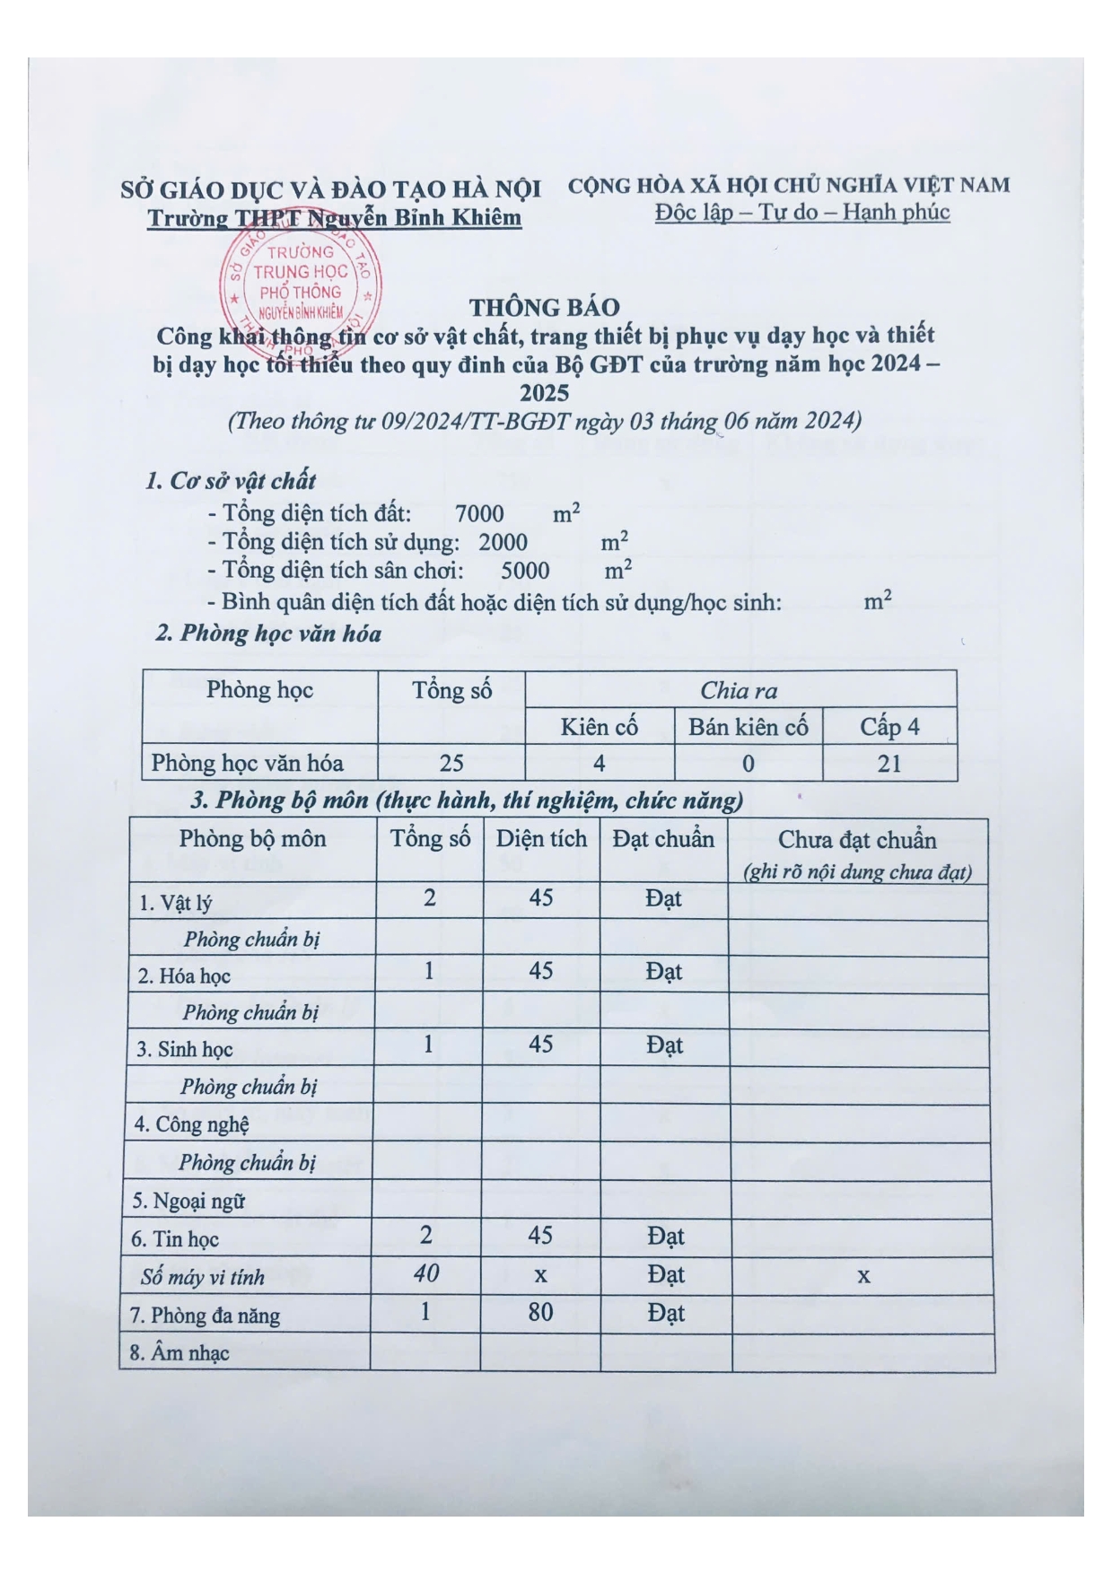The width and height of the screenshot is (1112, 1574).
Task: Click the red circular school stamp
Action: point(301,281)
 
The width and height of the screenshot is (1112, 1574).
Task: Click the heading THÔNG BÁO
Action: point(544,308)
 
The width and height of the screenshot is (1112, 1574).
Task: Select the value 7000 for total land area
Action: point(479,514)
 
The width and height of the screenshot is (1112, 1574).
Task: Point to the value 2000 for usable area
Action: point(503,542)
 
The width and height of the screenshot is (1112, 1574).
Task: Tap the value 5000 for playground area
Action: point(525,571)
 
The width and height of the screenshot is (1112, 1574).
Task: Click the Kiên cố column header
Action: point(599,727)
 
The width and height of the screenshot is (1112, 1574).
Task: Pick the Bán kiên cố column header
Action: point(748,727)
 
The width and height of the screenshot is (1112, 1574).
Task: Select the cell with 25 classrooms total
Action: point(451,763)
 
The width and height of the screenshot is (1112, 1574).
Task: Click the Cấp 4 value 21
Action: point(889,764)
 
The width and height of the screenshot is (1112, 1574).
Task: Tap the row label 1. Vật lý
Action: point(175,903)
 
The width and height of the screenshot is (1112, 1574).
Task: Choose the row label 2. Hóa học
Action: point(184,976)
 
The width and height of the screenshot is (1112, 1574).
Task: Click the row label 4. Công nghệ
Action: point(190,1124)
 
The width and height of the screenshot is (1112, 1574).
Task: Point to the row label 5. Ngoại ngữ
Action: point(188,1201)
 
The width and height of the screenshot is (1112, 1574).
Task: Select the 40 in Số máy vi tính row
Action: point(426,1273)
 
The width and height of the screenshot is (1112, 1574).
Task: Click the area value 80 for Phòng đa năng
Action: point(540,1313)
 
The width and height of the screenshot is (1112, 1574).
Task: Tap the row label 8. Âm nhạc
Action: point(179,1353)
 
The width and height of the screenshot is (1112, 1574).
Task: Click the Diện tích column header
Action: point(541,839)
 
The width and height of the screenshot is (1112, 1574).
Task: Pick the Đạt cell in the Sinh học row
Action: point(664,1045)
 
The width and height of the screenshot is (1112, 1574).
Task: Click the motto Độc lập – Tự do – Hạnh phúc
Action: point(802,213)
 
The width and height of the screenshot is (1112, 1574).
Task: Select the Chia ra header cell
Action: point(739,690)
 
